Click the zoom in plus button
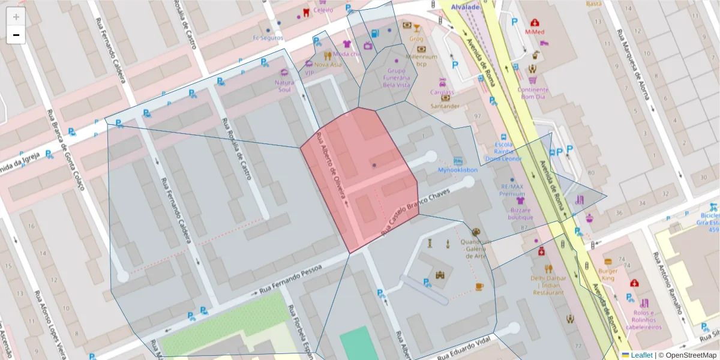click(16, 17)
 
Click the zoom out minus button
click(16, 35)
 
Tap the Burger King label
click(608, 274)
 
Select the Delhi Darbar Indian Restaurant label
click(547, 285)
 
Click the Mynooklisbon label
click(457, 170)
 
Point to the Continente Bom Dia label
click(533, 93)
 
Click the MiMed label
click(534, 31)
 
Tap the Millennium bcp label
click(421, 60)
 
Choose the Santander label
click(445, 106)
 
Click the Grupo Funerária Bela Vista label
click(396, 77)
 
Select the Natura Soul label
click(284, 86)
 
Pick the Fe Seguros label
click(268, 37)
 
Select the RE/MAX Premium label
click(512, 190)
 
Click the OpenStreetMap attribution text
click(690, 355)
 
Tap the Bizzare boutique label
click(521, 214)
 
